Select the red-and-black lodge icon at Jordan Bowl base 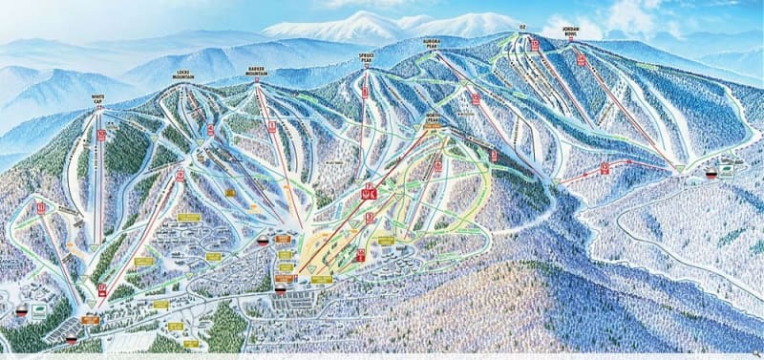tap(711, 174)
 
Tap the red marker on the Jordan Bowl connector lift tap(605, 167)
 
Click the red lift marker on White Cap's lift tap(100, 135)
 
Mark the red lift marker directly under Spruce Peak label tap(365, 93)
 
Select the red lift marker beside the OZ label tap(535, 44)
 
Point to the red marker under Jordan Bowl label tap(581, 59)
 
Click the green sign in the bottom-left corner tap(38, 311)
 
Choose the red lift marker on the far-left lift tap(41, 206)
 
